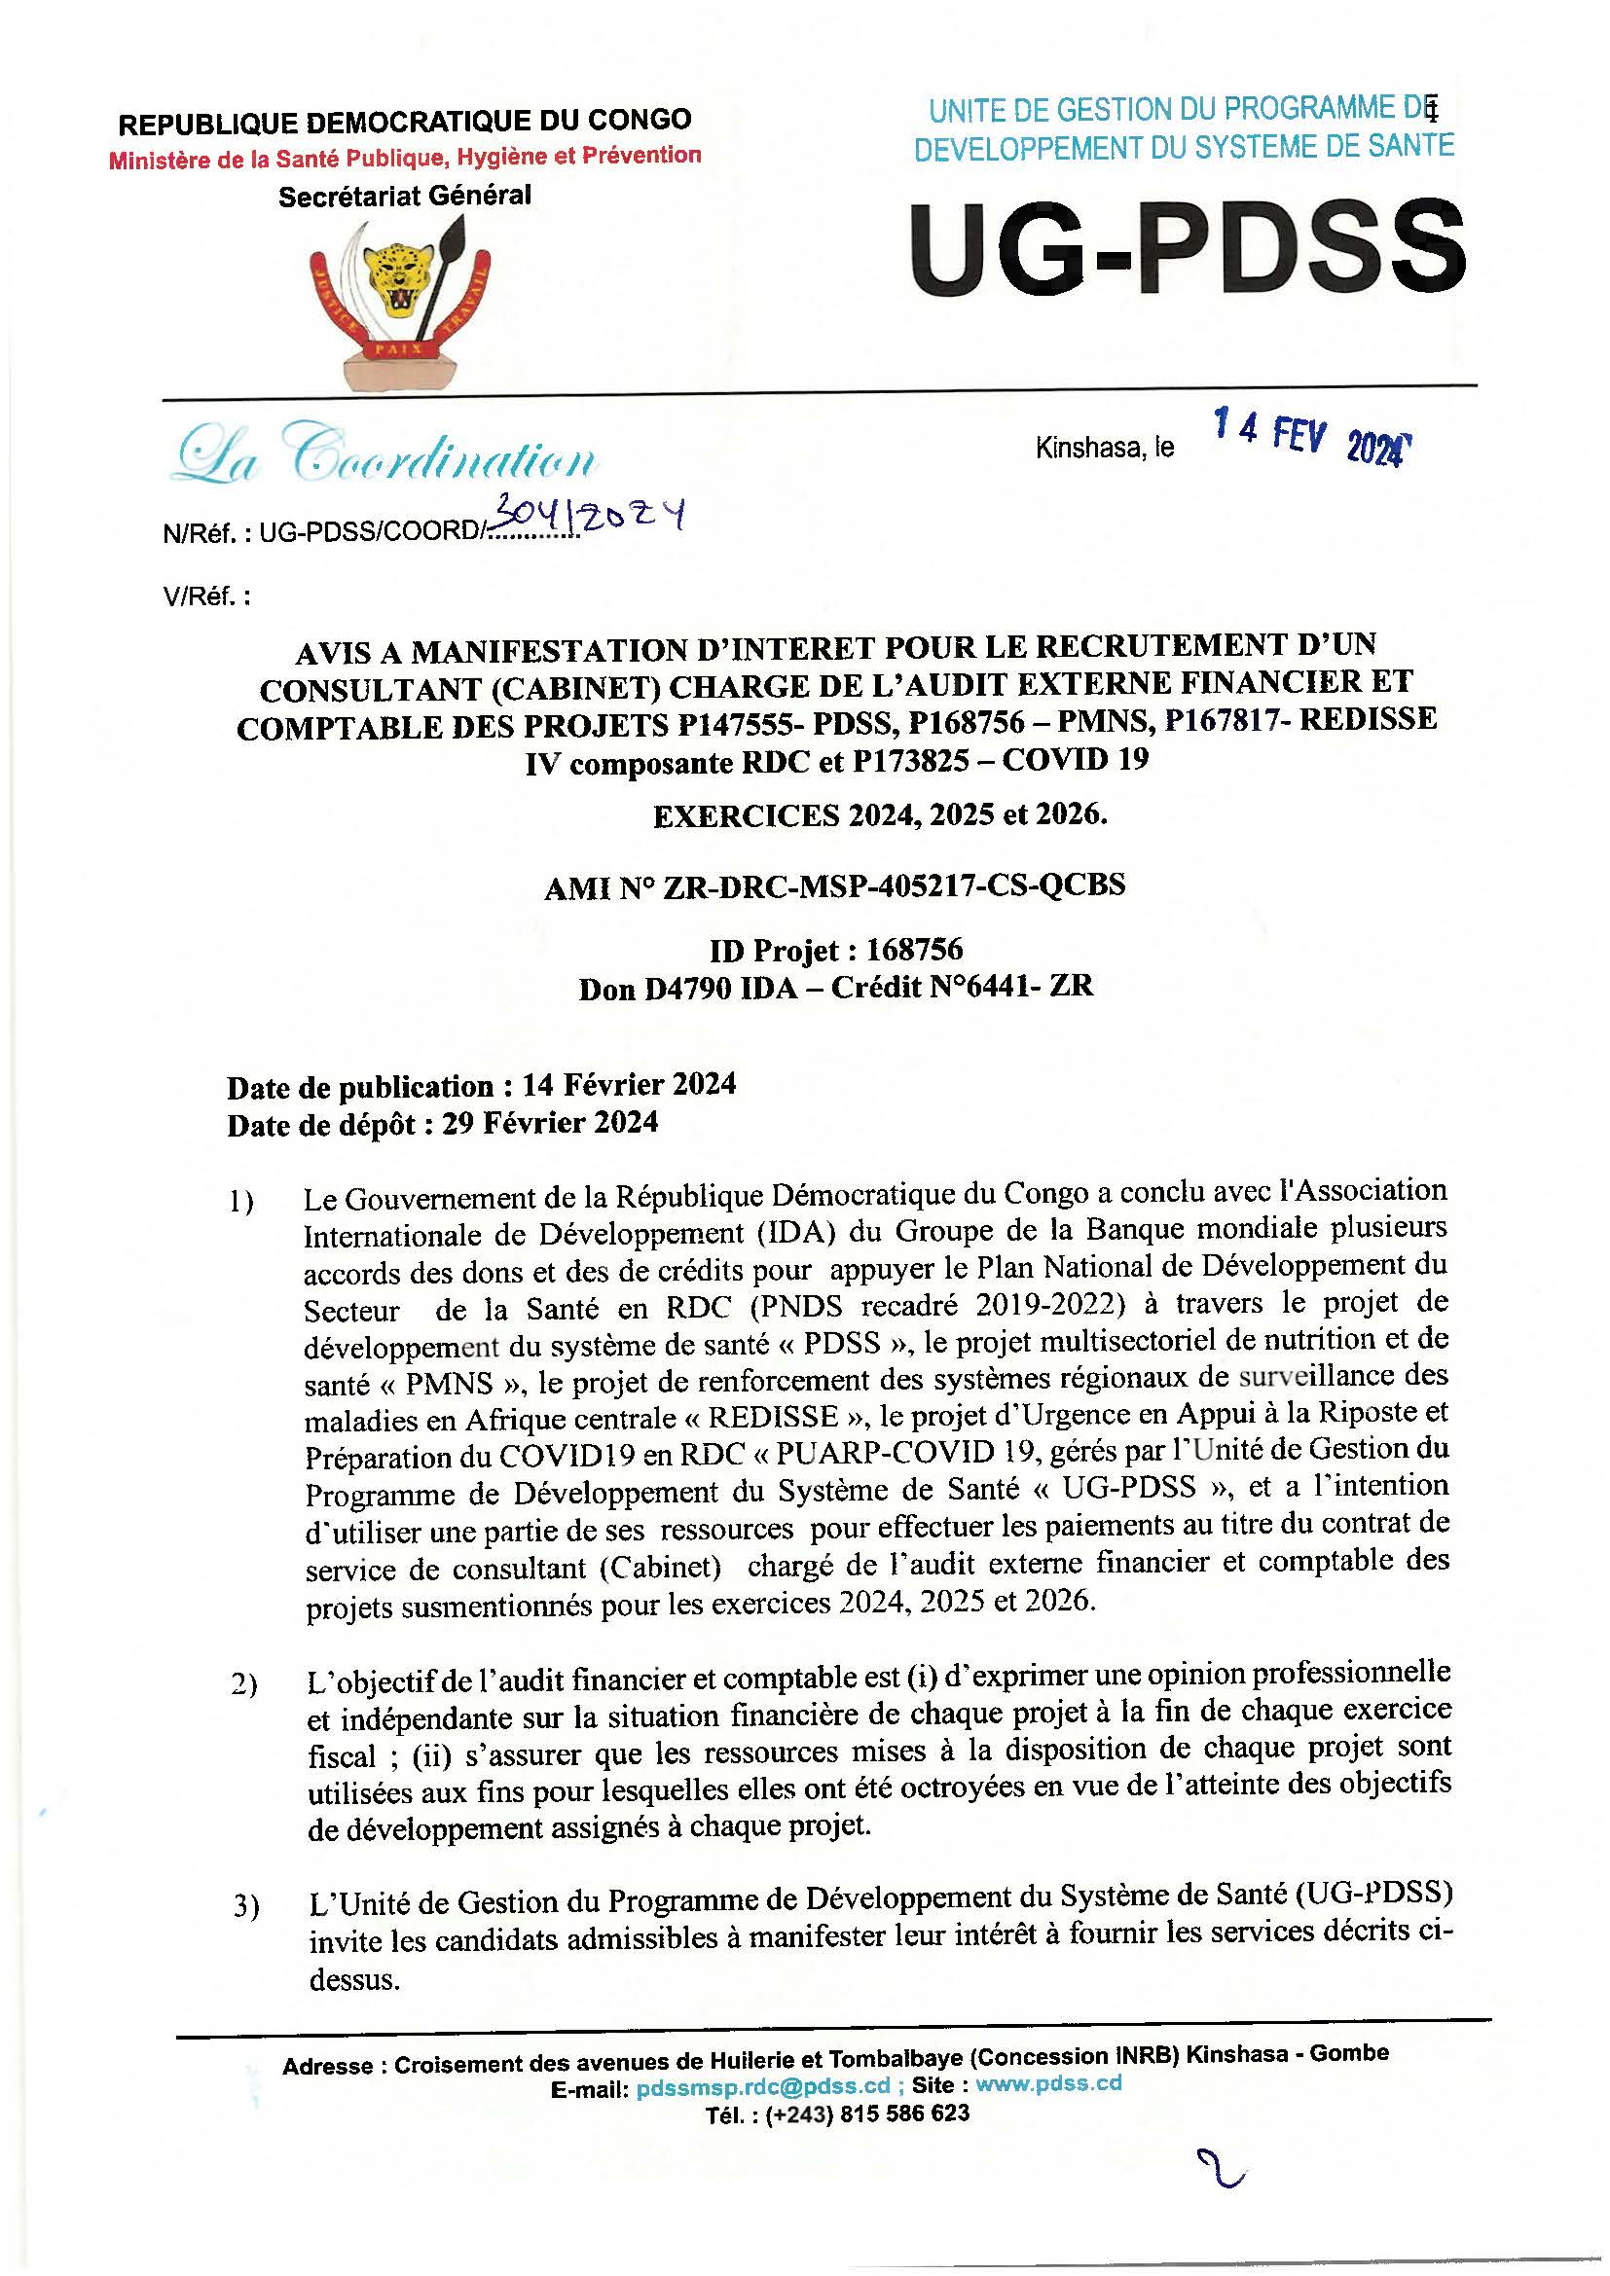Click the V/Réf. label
coord(206,596)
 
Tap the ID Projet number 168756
coord(914,950)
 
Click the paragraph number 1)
coord(240,1203)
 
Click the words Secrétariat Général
coord(405,197)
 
